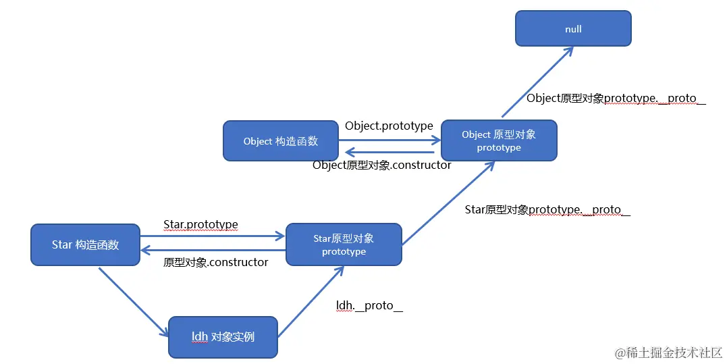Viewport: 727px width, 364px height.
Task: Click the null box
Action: point(573,28)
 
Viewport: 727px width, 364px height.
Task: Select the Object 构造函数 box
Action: point(280,141)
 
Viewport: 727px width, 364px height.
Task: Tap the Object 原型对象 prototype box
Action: point(499,140)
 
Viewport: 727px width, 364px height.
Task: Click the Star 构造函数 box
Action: point(85,244)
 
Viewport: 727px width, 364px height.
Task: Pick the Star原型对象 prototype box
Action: point(344,244)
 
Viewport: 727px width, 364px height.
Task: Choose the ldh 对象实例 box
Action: point(223,336)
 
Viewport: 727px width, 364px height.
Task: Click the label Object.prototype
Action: point(389,126)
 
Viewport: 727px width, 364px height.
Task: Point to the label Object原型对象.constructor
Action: point(382,165)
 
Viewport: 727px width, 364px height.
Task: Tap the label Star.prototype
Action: point(200,224)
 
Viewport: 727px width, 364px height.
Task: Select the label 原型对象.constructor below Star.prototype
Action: point(215,262)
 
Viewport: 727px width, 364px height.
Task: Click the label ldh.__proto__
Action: point(369,305)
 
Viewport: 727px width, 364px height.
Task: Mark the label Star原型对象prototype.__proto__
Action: point(547,209)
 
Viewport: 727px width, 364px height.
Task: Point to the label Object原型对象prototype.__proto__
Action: point(616,98)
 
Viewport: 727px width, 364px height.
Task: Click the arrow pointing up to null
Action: point(537,82)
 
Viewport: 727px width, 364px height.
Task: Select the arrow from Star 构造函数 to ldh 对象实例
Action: point(133,301)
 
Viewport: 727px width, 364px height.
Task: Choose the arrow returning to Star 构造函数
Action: point(213,250)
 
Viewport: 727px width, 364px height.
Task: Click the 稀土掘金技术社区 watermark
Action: point(668,353)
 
